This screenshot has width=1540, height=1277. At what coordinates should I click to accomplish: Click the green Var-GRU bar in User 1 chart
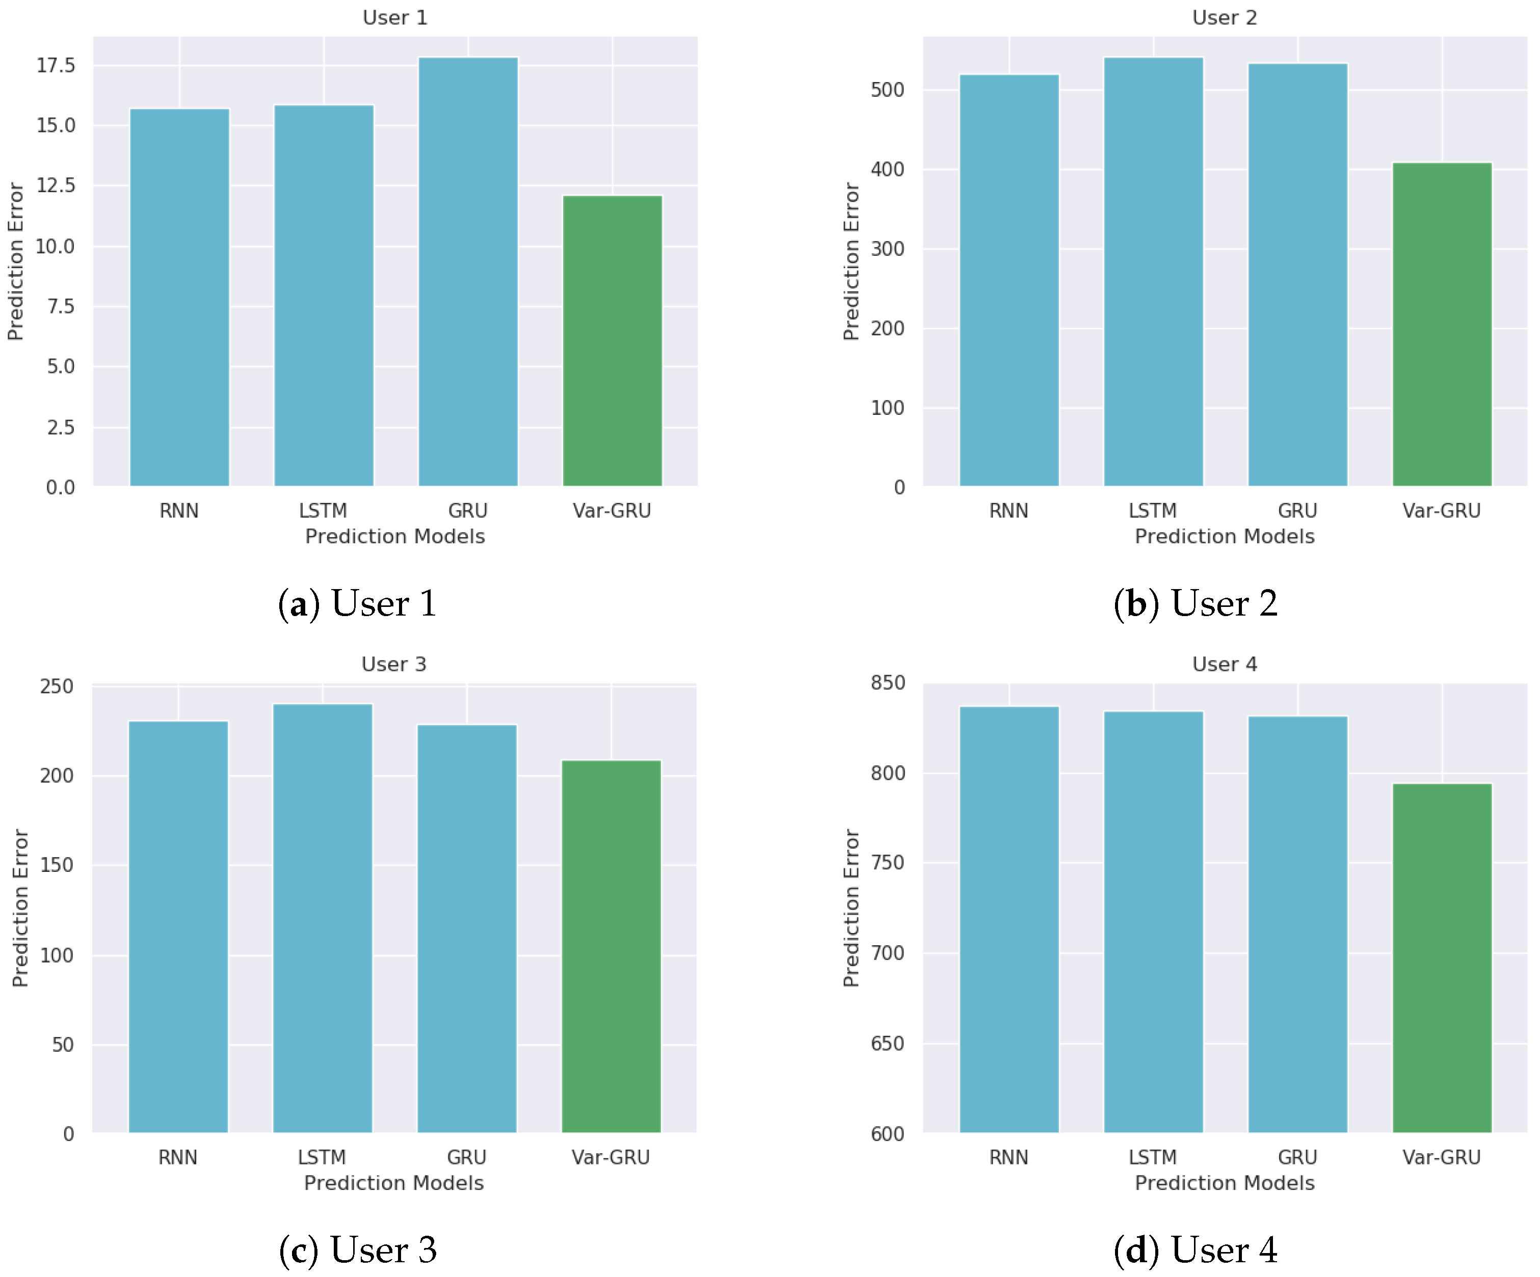(613, 341)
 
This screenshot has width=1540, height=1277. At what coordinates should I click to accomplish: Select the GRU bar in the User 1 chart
(468, 272)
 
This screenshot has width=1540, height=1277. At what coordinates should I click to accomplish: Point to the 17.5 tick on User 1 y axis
(57, 65)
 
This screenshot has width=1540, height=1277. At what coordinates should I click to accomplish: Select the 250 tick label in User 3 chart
(57, 686)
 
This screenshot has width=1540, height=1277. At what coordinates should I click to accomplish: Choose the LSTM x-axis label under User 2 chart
(1153, 511)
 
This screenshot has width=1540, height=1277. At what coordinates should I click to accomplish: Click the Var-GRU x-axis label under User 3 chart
(611, 1157)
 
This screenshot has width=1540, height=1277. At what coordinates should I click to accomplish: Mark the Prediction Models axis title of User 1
(395, 536)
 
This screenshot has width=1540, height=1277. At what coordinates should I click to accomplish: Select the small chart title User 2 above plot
(1225, 18)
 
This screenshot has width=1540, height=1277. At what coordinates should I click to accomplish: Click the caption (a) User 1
(357, 604)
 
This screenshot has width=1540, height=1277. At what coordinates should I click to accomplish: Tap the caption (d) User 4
(1196, 1250)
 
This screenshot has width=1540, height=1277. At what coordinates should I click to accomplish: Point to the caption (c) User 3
(357, 1250)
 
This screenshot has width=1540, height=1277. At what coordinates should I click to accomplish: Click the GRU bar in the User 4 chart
(1297, 924)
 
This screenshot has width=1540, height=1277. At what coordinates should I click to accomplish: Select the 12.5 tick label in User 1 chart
(57, 185)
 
